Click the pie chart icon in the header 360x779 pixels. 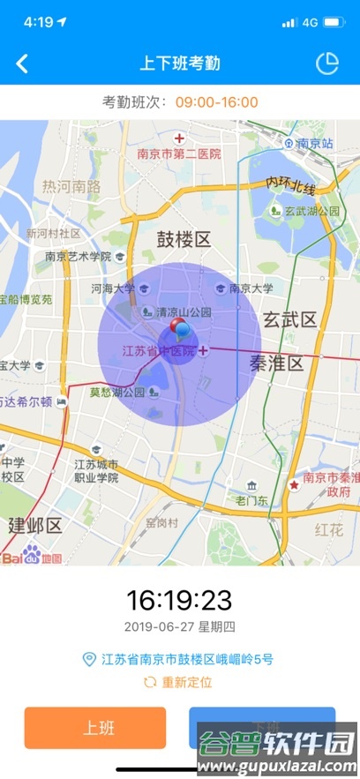(327, 64)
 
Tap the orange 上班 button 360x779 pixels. (95, 728)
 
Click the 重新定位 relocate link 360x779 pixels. (179, 682)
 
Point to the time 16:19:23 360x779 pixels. (179, 601)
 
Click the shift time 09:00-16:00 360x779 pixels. (216, 102)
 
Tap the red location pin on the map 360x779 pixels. (179, 330)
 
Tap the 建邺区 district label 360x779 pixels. (35, 526)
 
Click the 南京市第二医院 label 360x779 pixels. (179, 154)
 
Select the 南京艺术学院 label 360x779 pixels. (78, 257)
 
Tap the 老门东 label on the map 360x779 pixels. (251, 500)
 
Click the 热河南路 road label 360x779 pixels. (71, 186)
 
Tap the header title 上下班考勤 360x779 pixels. (180, 64)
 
